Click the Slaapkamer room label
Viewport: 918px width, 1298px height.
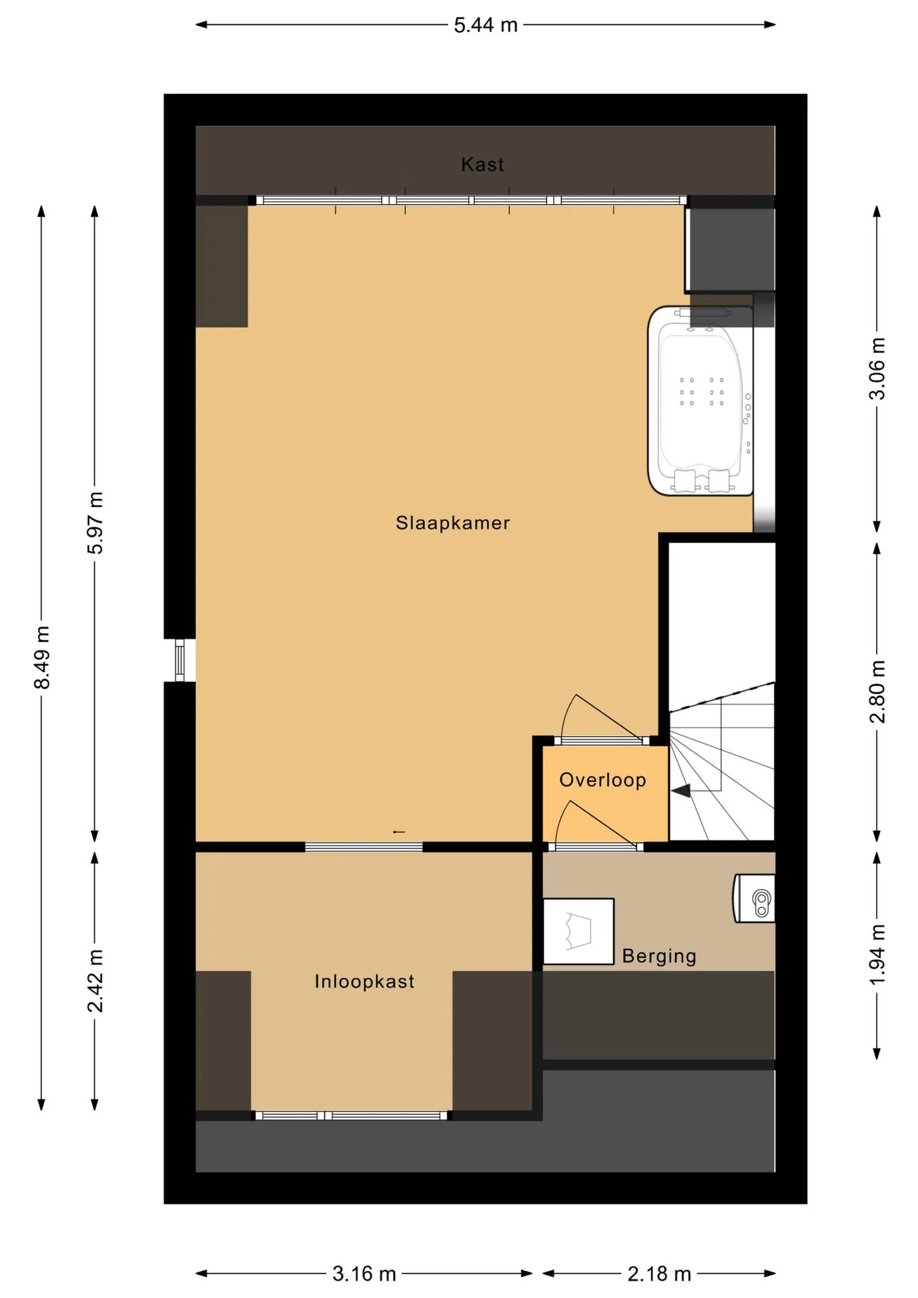click(x=452, y=523)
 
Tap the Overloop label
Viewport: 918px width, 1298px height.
click(x=602, y=780)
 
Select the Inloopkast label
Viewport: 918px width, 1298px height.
click(x=364, y=982)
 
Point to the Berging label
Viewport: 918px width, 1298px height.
click(x=659, y=956)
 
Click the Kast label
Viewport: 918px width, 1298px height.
click(x=482, y=164)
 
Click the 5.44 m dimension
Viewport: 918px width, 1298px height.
click(x=485, y=25)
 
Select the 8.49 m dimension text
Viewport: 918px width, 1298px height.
click(x=42, y=658)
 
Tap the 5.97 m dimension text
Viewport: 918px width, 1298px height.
click(x=95, y=523)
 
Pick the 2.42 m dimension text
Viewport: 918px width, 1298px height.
click(x=95, y=981)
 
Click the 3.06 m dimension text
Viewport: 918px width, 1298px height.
click(x=877, y=368)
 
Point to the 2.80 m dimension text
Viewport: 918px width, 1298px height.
click(x=877, y=692)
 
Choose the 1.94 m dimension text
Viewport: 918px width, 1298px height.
click(x=877, y=955)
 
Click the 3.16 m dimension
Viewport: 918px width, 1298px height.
click(x=364, y=1274)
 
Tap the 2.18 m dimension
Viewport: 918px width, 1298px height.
click(x=659, y=1274)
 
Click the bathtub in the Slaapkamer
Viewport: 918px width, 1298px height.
click(x=700, y=401)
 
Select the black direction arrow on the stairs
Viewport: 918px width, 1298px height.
click(x=681, y=790)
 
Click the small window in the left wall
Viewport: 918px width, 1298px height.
click(x=180, y=660)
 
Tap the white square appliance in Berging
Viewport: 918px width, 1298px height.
click(x=579, y=931)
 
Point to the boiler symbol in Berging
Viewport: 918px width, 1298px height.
click(x=754, y=898)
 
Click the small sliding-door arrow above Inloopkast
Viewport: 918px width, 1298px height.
click(x=399, y=832)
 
